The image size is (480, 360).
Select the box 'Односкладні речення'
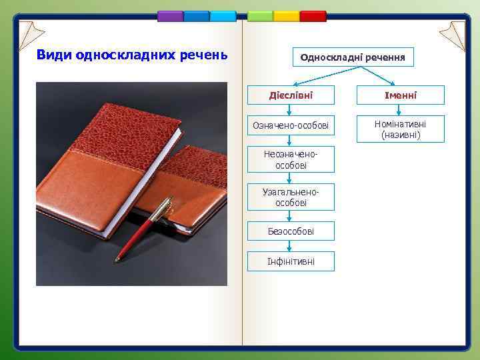pos(353,57)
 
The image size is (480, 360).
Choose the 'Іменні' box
pos(400,95)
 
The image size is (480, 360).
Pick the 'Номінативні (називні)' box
pos(400,129)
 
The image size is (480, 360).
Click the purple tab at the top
pos(170,16)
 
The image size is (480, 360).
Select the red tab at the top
pos(313,16)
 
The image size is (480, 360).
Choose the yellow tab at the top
pos(287,16)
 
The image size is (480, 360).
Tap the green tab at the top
pos(261,16)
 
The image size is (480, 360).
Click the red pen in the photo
pos(143,230)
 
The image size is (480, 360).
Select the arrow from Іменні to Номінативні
pos(400,110)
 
